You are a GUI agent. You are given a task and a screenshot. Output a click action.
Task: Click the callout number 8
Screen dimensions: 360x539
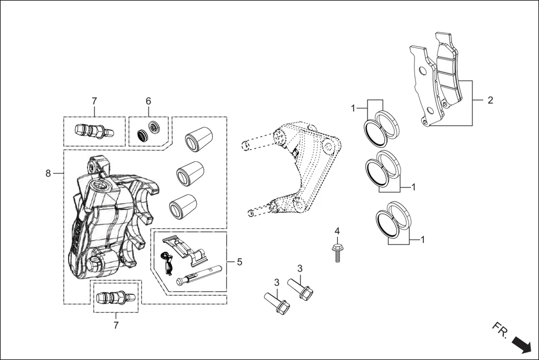[x=48, y=174]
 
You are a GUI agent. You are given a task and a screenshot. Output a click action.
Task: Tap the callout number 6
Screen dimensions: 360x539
[x=149, y=101]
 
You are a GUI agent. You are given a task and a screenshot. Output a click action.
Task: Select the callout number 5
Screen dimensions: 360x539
[x=239, y=261]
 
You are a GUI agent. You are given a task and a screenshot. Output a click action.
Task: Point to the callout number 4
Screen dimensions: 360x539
[x=337, y=231]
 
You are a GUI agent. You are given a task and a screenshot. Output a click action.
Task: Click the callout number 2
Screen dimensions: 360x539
[x=490, y=100]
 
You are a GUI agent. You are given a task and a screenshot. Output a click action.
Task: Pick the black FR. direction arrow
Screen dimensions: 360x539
[x=521, y=343]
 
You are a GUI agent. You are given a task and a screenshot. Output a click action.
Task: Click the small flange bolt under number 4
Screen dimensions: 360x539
[x=337, y=252]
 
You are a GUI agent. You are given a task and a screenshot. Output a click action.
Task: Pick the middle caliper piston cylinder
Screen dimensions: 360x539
[x=189, y=173]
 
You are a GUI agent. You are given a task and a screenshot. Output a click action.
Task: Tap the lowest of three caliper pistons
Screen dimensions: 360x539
[x=182, y=207]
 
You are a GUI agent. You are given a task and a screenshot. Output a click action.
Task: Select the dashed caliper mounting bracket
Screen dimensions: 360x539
[x=302, y=167]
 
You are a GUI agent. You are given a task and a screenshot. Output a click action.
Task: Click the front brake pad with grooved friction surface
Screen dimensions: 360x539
[x=450, y=78]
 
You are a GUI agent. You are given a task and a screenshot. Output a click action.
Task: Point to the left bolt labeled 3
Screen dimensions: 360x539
[x=277, y=305]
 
